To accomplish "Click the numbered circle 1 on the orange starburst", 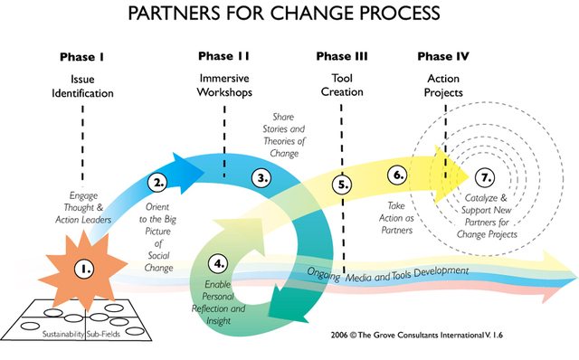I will point(85,269).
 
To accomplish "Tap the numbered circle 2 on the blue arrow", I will point(159,182).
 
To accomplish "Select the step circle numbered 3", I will point(262,177).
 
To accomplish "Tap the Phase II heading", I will point(223,57).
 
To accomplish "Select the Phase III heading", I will point(342,57).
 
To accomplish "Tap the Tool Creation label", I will point(342,86).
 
